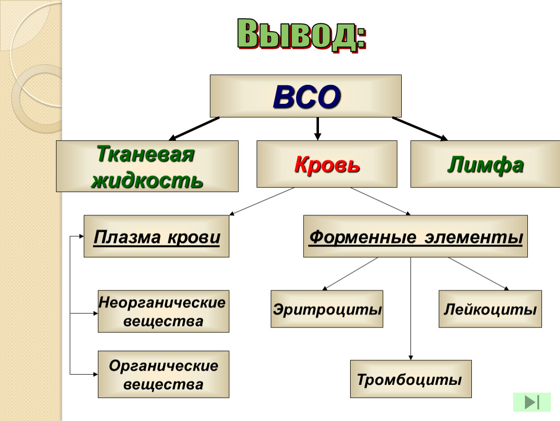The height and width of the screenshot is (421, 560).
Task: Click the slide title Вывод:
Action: [302, 35]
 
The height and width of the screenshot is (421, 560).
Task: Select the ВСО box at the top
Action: [306, 96]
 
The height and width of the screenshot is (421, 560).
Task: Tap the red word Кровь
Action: [327, 164]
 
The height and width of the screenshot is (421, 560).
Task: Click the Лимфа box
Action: [485, 164]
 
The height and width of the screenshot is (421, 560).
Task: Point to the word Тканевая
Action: [146, 154]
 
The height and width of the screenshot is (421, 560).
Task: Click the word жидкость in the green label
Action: [147, 180]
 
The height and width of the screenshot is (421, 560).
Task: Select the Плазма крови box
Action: [156, 236]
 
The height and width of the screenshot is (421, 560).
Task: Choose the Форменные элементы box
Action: [415, 236]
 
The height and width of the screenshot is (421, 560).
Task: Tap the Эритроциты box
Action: [327, 309]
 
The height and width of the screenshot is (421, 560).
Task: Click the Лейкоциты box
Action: [490, 309]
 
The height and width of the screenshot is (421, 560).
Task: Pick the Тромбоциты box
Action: [411, 379]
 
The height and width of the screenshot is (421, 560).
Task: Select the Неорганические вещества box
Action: [164, 311]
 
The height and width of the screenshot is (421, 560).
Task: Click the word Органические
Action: [164, 365]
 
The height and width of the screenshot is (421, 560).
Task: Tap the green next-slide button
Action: [532, 402]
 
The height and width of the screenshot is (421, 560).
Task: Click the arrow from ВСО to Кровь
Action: [317, 129]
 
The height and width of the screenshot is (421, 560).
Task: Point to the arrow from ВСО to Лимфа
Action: [420, 129]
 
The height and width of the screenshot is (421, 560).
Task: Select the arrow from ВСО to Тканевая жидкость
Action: [194, 129]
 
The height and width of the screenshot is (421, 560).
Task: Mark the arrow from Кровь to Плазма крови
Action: [262, 201]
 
